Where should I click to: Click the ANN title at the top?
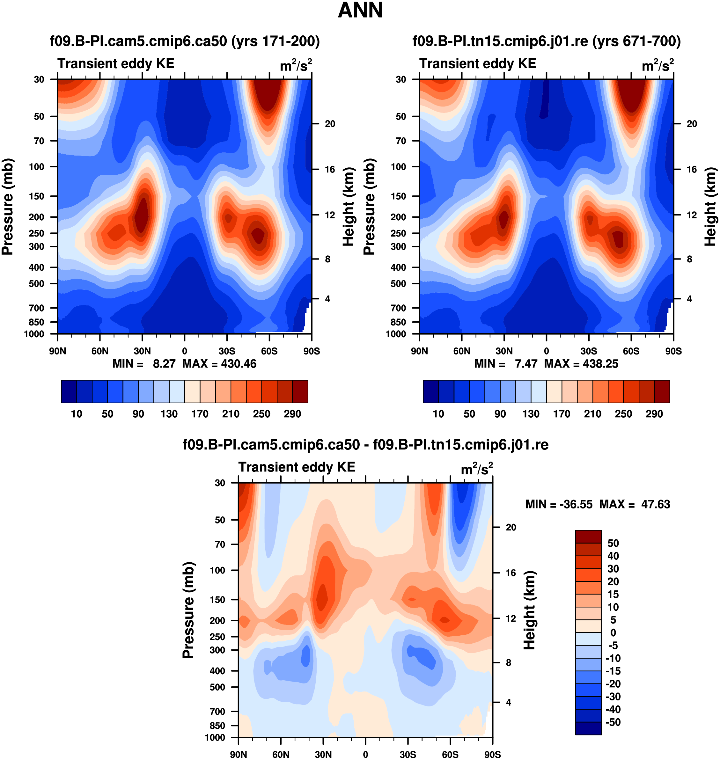tap(360, 10)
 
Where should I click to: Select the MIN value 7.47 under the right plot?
tap(526, 364)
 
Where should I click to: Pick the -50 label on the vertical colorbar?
tap(613, 722)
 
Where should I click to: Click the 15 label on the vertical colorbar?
tap(613, 594)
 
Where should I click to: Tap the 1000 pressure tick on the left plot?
tap(34, 334)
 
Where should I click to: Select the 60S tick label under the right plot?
tap(631, 351)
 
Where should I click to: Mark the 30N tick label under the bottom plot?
tap(323, 754)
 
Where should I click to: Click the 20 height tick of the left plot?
tap(330, 124)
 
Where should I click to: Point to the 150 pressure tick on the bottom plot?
tap(217, 600)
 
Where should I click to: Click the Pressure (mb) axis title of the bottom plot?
tap(188, 610)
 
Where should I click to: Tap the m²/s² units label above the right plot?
tap(658, 66)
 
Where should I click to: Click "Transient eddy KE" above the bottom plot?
tap(297, 467)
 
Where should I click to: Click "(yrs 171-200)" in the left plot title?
tap(275, 41)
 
